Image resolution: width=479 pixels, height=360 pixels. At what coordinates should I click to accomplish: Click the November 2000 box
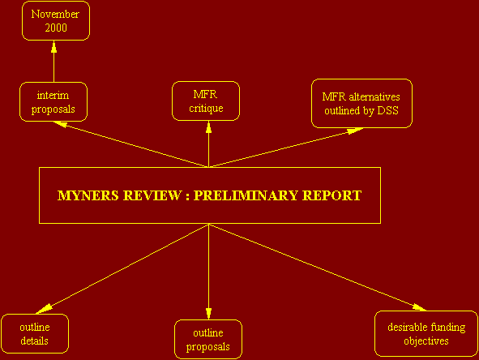pyautogui.click(x=56, y=21)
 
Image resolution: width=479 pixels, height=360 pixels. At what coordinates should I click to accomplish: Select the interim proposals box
pyautogui.click(x=53, y=102)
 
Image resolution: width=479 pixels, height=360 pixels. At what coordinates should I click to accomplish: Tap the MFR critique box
pyautogui.click(x=206, y=101)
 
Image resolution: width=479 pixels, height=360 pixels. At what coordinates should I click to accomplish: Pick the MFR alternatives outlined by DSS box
pyautogui.click(x=361, y=103)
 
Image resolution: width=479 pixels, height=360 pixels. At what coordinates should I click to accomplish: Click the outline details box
pyautogui.click(x=35, y=334)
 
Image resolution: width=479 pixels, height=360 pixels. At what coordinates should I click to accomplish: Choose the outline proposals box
pyautogui.click(x=208, y=339)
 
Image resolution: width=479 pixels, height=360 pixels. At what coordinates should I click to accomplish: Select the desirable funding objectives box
pyautogui.click(x=426, y=334)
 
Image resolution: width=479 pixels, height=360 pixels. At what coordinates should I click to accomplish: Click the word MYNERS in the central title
pyautogui.click(x=88, y=195)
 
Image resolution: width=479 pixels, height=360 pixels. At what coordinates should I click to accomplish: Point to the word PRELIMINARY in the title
pyautogui.click(x=246, y=195)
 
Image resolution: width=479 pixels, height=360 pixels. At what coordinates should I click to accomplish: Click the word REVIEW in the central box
pyautogui.click(x=152, y=195)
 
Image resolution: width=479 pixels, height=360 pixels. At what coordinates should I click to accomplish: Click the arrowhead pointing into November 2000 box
pyautogui.click(x=54, y=47)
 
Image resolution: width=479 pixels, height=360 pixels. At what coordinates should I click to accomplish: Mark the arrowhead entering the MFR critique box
pyautogui.click(x=208, y=127)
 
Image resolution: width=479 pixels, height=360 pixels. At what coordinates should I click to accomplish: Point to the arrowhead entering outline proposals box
pyautogui.click(x=208, y=314)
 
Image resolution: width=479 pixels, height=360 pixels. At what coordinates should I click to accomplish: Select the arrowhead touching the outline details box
pyautogui.click(x=44, y=309)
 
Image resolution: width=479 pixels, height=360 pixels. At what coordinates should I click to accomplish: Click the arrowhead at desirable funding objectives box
pyautogui.click(x=419, y=307)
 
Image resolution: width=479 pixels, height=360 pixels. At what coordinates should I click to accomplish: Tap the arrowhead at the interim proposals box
pyautogui.click(x=60, y=124)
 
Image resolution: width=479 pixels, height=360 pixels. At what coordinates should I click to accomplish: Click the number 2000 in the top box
pyautogui.click(x=56, y=28)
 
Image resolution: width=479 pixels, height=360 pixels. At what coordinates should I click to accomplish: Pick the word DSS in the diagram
pyautogui.click(x=388, y=110)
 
